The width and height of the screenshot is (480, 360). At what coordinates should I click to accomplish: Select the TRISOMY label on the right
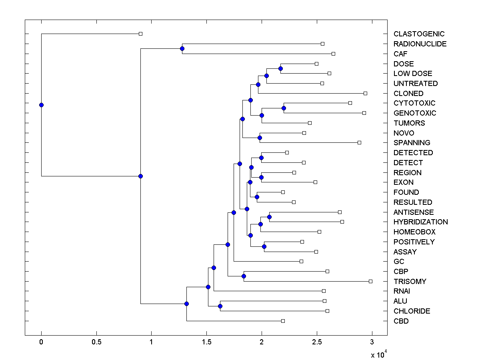click(x=410, y=281)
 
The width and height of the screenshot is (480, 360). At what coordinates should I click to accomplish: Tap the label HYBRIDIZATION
click(x=420, y=222)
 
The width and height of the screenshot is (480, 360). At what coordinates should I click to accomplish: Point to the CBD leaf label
click(x=401, y=321)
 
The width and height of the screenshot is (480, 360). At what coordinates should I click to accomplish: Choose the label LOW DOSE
click(x=412, y=74)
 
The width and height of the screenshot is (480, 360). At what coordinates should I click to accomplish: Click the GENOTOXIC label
click(x=414, y=113)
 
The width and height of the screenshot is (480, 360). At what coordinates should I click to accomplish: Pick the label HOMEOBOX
click(x=414, y=232)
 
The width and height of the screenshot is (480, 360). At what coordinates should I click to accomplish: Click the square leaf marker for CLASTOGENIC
click(x=140, y=34)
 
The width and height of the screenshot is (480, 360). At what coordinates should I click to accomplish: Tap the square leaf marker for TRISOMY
click(x=370, y=281)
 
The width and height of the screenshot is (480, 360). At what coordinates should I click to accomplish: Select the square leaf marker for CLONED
click(x=365, y=93)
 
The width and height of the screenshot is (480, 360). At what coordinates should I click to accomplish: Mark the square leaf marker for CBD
click(x=283, y=321)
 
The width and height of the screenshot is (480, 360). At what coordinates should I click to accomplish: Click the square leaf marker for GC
click(x=301, y=261)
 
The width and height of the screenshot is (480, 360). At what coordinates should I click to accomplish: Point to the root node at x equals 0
click(x=41, y=105)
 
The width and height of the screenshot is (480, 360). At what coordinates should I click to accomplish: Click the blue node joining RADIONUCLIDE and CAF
click(x=182, y=49)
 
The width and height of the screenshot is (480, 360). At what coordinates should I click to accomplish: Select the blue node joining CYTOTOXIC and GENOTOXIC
click(x=284, y=108)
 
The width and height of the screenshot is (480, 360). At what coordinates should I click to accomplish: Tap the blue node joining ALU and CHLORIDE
click(x=220, y=306)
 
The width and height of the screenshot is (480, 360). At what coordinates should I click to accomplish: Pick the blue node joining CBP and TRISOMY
click(x=244, y=276)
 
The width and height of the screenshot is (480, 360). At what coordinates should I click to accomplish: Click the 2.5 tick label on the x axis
click(x=317, y=342)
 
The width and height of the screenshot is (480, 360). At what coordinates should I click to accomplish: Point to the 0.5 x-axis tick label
click(x=96, y=342)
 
